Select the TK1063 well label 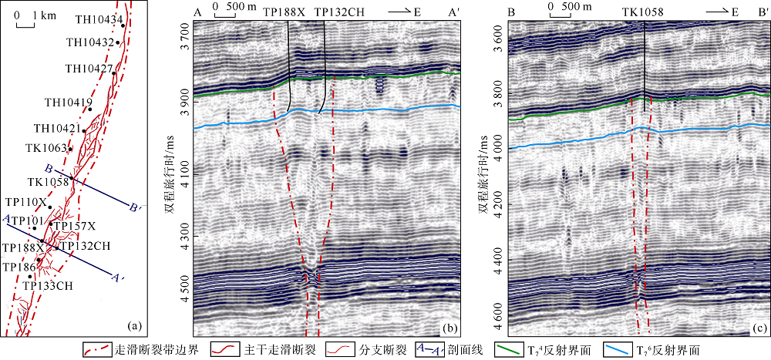46,147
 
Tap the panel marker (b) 449,328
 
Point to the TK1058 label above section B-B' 645,13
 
